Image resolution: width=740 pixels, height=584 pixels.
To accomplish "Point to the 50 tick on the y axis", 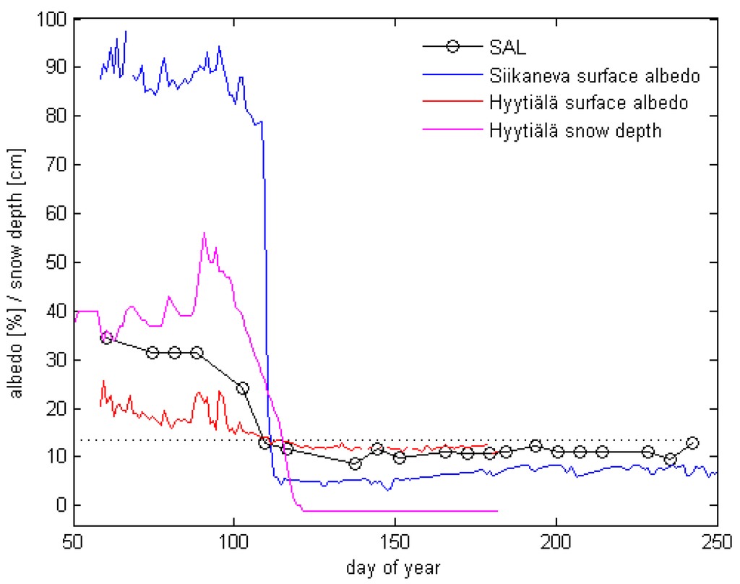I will point(57,262).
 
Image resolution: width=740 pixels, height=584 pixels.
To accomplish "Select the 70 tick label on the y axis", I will point(57,165).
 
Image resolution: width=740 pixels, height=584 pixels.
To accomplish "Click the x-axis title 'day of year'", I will point(395,566).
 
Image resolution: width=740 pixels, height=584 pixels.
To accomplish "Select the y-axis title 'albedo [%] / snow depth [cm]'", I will point(16,262).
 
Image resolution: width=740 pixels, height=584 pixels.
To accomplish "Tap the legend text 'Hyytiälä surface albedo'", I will point(588,103).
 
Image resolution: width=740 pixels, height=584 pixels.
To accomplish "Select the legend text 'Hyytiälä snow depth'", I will point(575,131).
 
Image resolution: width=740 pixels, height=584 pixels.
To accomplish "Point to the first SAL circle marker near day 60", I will point(106,338).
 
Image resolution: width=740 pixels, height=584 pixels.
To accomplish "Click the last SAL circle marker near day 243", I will point(692,443).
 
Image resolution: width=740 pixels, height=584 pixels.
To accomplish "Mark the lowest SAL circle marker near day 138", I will point(354,463).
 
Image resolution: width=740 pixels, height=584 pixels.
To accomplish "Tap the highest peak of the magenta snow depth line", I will point(205,233).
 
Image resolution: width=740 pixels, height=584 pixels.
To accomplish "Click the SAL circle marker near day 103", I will point(243,388).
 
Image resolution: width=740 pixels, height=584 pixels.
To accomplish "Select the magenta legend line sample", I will point(452,131).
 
